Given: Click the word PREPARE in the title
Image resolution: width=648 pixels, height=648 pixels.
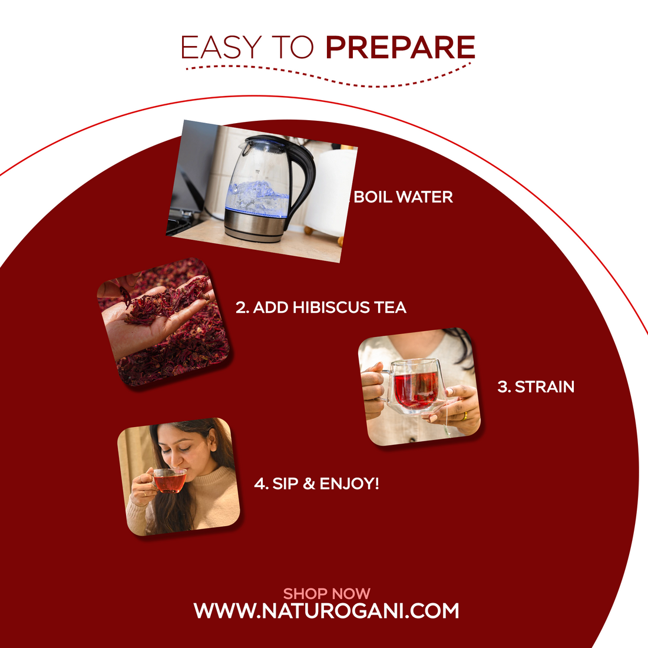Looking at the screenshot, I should tap(400, 48).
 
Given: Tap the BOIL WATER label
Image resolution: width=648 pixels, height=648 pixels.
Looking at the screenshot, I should tap(404, 197).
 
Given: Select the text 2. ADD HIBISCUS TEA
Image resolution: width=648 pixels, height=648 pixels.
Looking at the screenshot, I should tap(321, 307).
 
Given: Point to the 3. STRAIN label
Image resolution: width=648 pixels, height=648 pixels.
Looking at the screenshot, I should tap(535, 386).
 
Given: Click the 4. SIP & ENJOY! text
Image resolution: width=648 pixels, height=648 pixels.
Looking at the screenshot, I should tap(316, 484).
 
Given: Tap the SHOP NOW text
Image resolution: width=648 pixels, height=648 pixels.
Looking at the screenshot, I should tap(326, 593).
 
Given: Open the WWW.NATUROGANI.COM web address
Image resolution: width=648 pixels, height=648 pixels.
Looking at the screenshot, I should tap(326, 611).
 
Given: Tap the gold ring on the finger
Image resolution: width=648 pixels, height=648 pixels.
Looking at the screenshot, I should tap(465, 415).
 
